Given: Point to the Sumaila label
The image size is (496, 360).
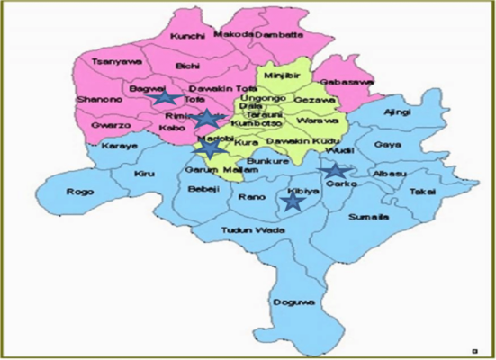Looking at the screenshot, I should point(365,218).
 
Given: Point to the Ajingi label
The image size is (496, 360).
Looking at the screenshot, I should point(396,112).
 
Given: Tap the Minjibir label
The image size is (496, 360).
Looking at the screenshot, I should point(283,65).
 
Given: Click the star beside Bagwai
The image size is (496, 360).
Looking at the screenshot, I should point(164,98).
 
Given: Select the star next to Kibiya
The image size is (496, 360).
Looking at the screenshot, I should point(291,203).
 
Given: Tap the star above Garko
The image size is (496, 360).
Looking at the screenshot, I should point(334,170).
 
